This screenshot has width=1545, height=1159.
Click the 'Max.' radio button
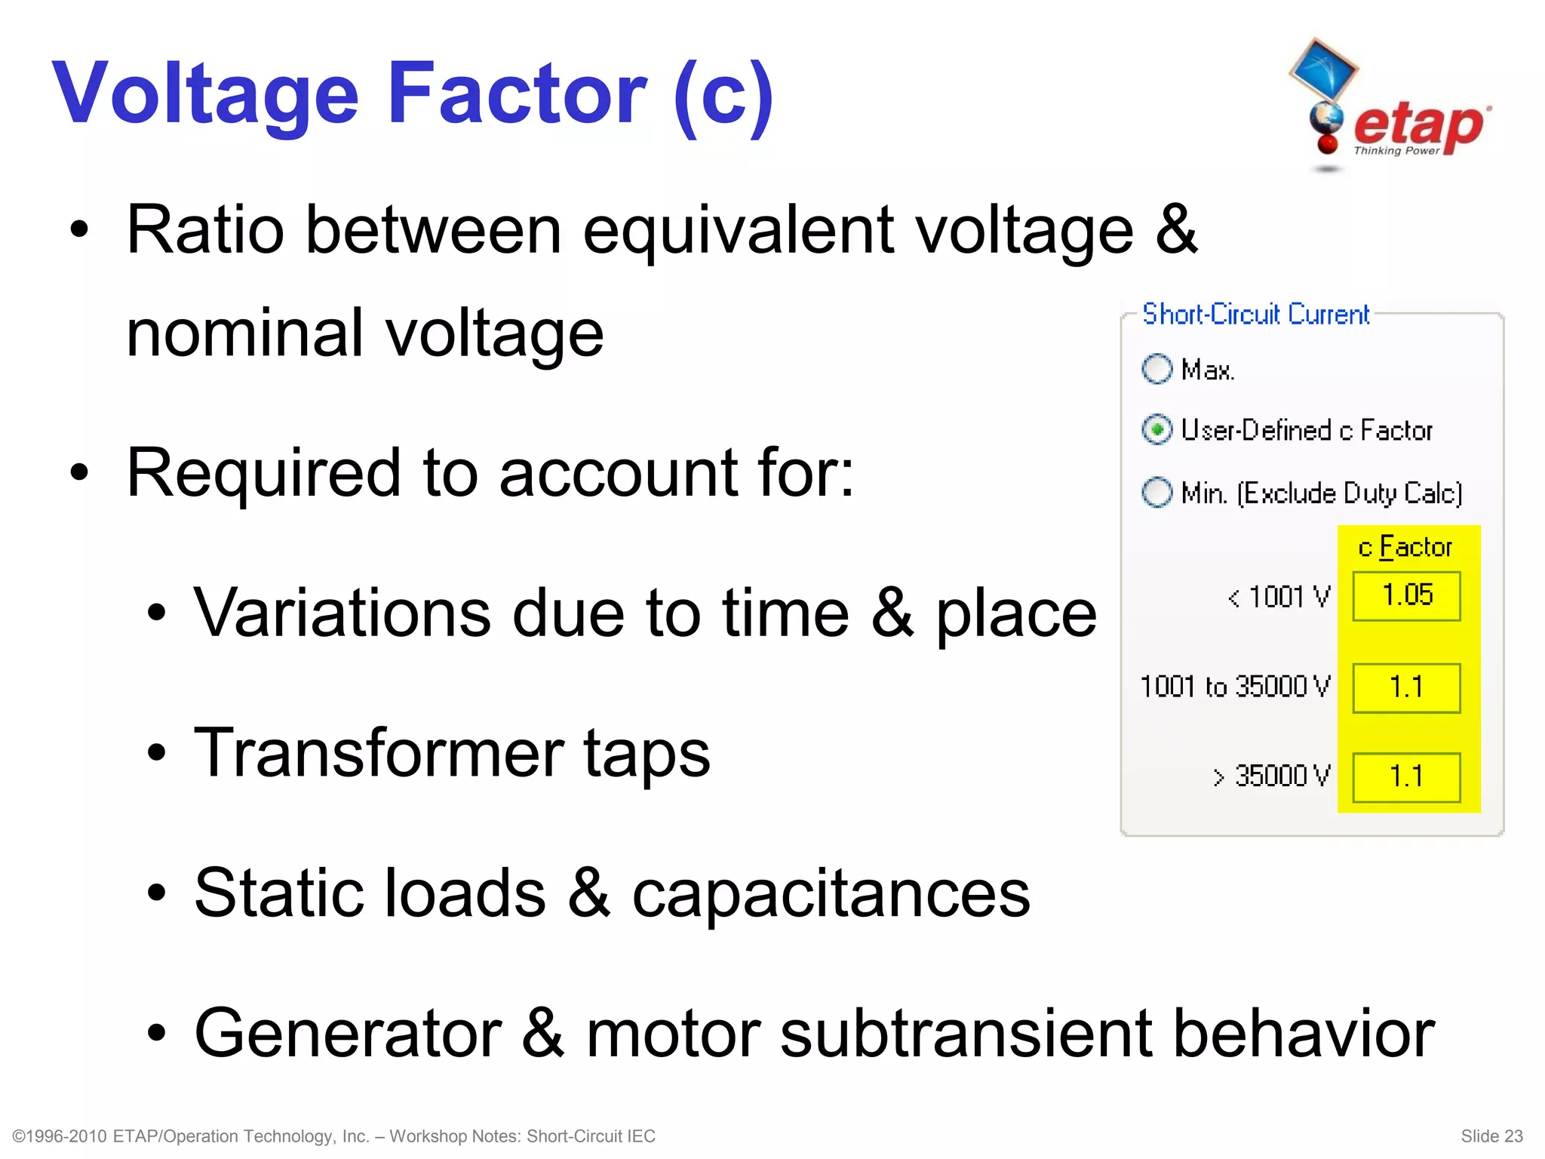[1157, 369]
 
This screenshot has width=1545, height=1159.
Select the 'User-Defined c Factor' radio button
[1157, 430]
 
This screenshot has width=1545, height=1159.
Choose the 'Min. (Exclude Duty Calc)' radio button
[1157, 493]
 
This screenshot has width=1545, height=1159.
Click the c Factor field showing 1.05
[1406, 596]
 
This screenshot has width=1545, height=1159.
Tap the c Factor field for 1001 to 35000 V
[1406, 687]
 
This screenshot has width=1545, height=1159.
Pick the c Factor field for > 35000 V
[1406, 776]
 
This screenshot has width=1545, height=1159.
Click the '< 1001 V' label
[1279, 598]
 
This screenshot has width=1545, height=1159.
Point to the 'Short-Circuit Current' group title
[1255, 314]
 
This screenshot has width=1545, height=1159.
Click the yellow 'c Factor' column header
[1405, 547]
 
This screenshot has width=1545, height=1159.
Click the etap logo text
[1418, 125]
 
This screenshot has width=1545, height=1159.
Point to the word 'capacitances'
[831, 893]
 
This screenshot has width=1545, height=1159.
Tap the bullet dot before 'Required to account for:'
[79, 473]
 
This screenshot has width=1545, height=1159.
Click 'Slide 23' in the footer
[1491, 1136]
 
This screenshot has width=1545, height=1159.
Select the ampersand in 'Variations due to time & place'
[893, 613]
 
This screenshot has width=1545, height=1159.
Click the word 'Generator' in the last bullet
[348, 1034]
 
